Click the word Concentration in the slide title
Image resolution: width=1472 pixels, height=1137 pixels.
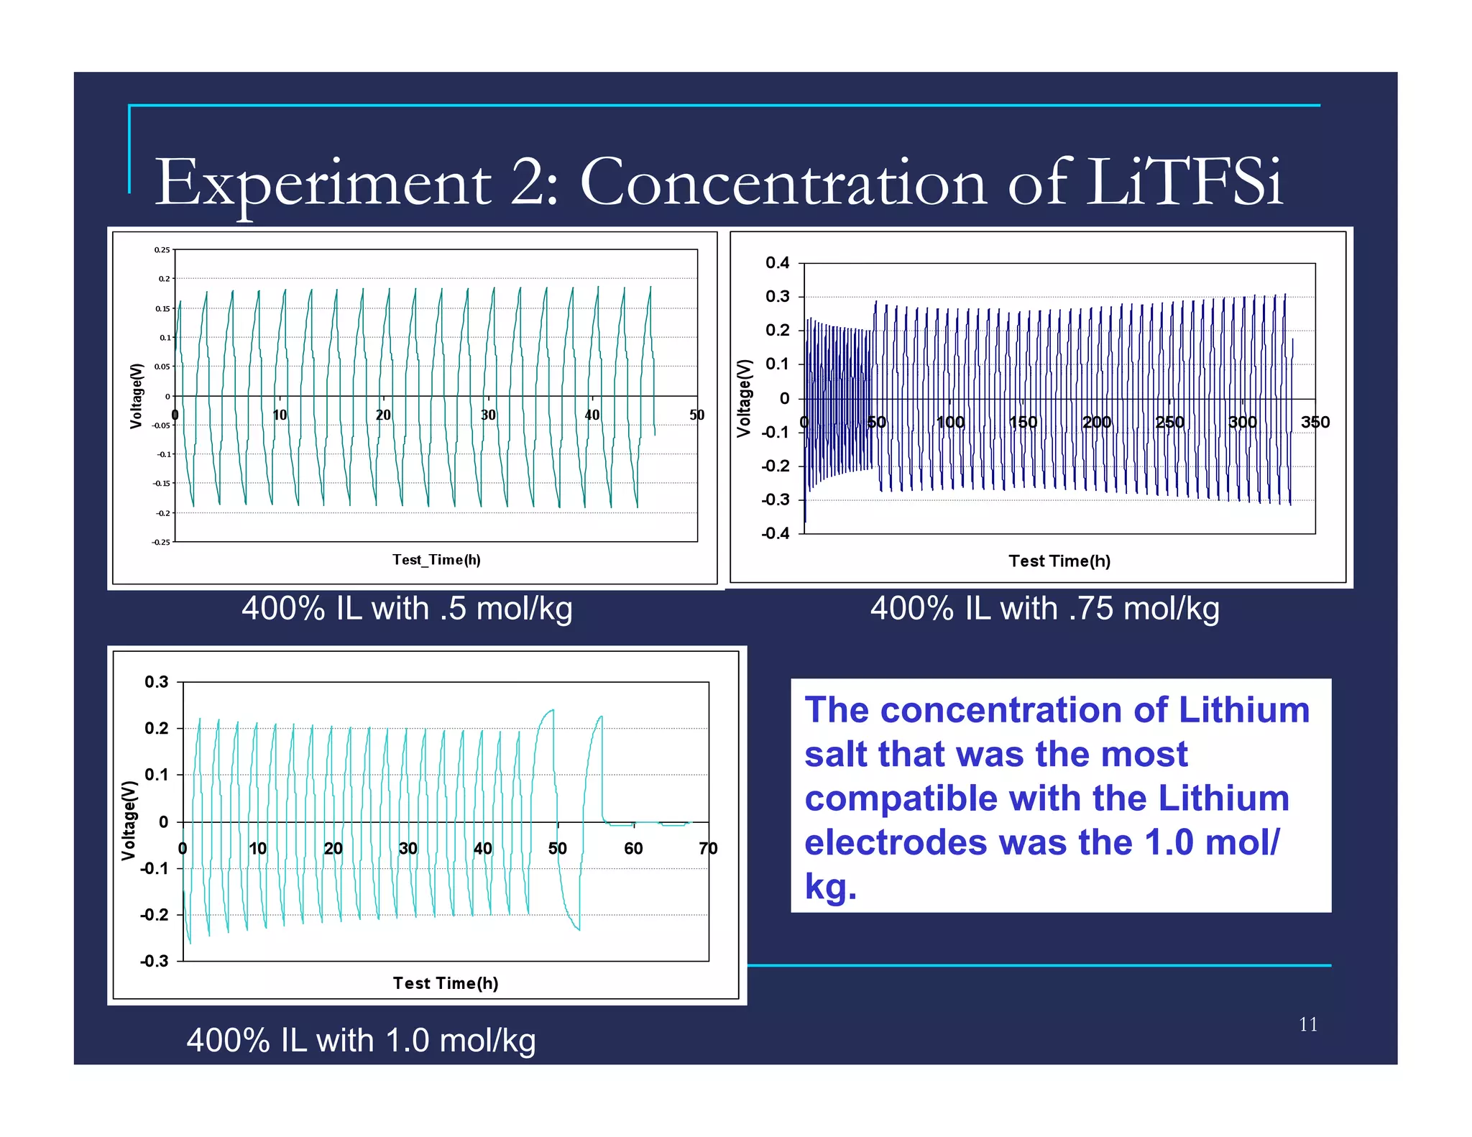tap(783, 183)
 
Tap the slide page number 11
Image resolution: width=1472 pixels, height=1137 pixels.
tap(1308, 1024)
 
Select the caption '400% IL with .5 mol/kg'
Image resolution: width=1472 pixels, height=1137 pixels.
tap(407, 609)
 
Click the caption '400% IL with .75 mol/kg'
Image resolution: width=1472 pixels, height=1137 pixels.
tap(1044, 609)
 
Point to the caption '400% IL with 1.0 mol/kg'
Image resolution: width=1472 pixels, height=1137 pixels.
tap(361, 1040)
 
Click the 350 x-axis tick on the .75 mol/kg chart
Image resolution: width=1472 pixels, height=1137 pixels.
tap(1315, 422)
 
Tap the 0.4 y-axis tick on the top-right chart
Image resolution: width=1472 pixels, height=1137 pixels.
tap(777, 263)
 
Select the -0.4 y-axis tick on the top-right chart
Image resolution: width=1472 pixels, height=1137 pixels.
tap(775, 533)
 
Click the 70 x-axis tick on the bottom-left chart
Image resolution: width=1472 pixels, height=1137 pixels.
tap(708, 848)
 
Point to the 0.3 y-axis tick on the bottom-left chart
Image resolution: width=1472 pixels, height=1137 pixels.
tap(156, 682)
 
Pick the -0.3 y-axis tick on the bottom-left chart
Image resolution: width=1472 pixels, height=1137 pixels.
tap(154, 961)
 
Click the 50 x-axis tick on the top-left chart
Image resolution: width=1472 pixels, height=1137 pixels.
tap(696, 415)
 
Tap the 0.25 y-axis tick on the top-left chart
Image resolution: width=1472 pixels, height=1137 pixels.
tap(162, 250)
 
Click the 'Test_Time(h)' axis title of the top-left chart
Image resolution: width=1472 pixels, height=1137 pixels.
tap(436, 560)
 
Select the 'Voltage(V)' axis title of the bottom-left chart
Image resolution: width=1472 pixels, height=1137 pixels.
tap(129, 820)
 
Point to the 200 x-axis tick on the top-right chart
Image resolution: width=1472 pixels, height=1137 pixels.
tap(1097, 422)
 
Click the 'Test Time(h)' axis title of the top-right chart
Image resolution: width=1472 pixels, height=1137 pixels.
tap(1059, 561)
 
